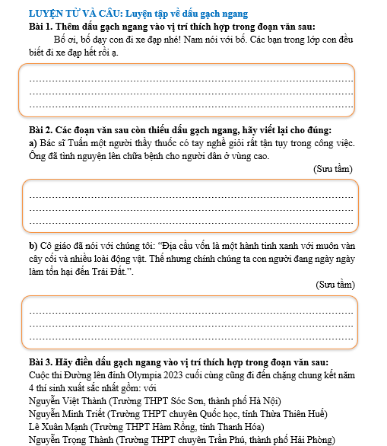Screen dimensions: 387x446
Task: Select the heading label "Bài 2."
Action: pyautogui.click(x=41, y=129)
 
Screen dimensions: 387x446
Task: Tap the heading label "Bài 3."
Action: pyautogui.click(x=41, y=363)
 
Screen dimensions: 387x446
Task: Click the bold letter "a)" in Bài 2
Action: pyautogui.click(x=33, y=143)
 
